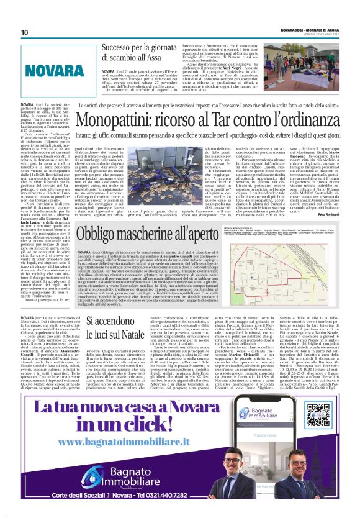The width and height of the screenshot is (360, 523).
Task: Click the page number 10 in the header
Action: click(x=25, y=32)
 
